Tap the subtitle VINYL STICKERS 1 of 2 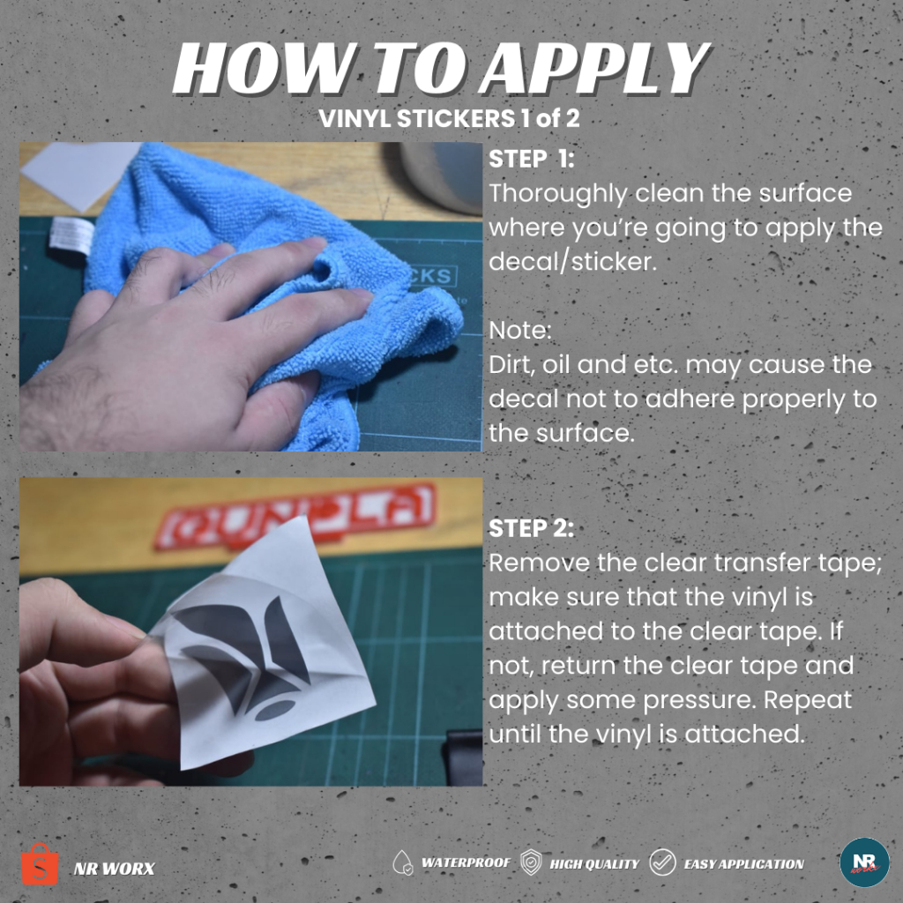(x=449, y=119)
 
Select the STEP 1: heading (x=531, y=159)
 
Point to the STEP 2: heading (x=531, y=528)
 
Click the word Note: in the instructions (x=520, y=331)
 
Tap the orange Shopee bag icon (x=40, y=864)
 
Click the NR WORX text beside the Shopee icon (x=114, y=869)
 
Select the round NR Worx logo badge (x=864, y=862)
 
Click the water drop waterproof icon (x=402, y=862)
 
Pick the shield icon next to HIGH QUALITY (x=530, y=862)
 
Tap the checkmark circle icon (x=663, y=862)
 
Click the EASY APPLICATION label (x=743, y=864)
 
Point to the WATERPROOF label (x=466, y=862)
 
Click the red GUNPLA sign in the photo (x=295, y=517)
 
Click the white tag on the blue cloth (x=71, y=236)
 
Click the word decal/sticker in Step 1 (x=572, y=262)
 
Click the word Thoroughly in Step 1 (x=557, y=194)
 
